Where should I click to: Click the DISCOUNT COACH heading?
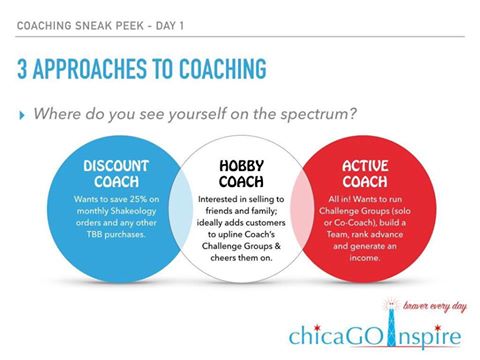(x=116, y=174)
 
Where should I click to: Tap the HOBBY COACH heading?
(x=241, y=174)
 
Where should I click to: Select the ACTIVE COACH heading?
(x=365, y=174)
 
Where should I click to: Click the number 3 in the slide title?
(x=22, y=69)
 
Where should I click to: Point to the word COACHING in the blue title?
(x=223, y=69)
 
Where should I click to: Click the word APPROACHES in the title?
(x=90, y=69)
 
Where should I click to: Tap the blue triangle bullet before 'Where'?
(x=22, y=116)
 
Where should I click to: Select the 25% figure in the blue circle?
(x=138, y=199)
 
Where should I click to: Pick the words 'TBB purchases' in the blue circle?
(x=116, y=234)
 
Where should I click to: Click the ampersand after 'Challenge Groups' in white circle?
(x=277, y=246)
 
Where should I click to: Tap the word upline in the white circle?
(x=230, y=235)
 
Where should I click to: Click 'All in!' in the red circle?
(x=339, y=199)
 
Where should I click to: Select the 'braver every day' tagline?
(x=435, y=306)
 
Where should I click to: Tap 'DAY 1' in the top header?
(x=170, y=26)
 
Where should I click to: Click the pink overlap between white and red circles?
(x=301, y=209)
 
